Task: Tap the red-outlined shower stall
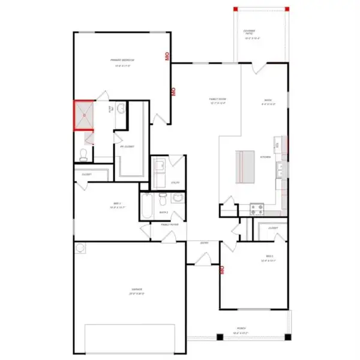click(x=84, y=115)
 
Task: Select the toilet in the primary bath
click(x=83, y=155)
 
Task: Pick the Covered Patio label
click(x=249, y=31)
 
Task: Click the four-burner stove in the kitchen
click(x=257, y=209)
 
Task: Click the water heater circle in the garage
click(x=80, y=247)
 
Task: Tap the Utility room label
click(x=175, y=183)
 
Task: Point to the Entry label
click(x=203, y=243)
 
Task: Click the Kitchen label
click(x=266, y=157)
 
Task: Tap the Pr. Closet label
click(x=127, y=146)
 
